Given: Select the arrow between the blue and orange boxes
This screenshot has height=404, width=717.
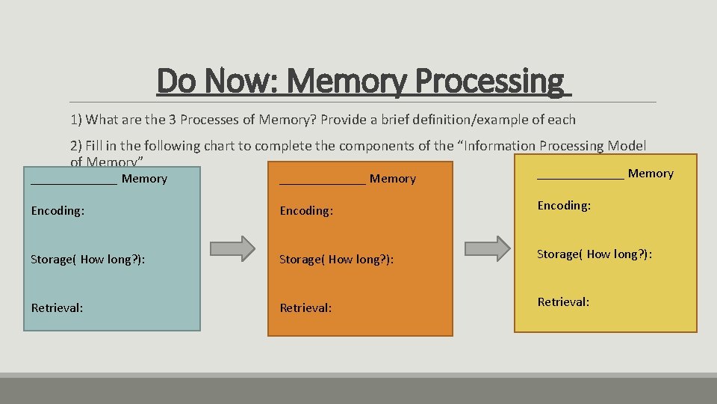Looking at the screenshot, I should pyautogui.click(x=232, y=248).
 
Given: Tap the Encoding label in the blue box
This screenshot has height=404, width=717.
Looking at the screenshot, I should pyautogui.click(x=58, y=211).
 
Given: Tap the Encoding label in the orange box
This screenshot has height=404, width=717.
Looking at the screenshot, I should pyautogui.click(x=306, y=211).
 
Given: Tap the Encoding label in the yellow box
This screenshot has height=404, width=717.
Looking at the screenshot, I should pyautogui.click(x=565, y=206).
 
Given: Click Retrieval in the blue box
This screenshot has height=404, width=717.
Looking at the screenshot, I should pyautogui.click(x=57, y=307).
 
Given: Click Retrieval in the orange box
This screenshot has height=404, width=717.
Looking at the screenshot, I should pyautogui.click(x=305, y=307).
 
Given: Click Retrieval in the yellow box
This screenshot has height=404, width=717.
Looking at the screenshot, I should pyautogui.click(x=564, y=302).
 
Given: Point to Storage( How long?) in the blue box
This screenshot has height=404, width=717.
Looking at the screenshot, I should pyautogui.click(x=88, y=260).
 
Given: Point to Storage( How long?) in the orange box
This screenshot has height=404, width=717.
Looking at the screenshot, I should pyautogui.click(x=336, y=260).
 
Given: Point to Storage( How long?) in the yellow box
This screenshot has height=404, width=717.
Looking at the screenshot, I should pyautogui.click(x=595, y=254).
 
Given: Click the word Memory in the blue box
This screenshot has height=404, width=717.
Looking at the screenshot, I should pyautogui.click(x=144, y=179).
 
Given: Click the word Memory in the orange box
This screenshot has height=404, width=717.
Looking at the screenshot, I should pyautogui.click(x=393, y=179).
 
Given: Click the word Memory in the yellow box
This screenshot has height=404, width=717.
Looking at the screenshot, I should pyautogui.click(x=651, y=174).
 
